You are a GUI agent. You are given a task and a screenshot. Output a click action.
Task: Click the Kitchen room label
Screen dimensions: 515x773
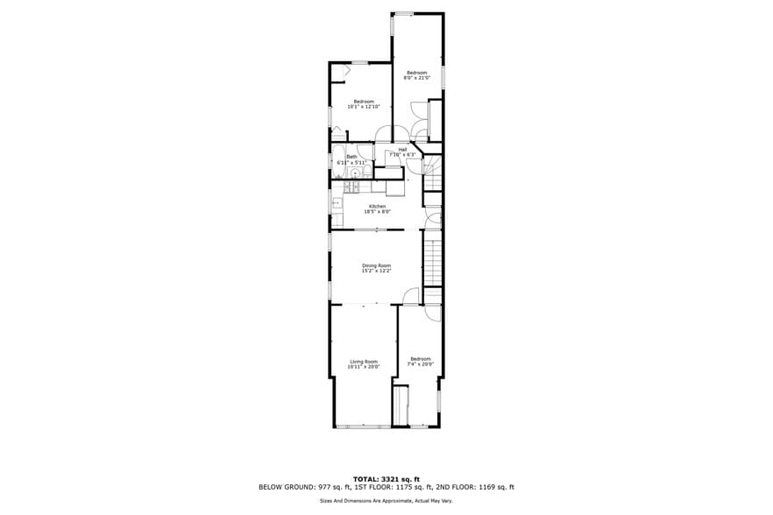[377, 207]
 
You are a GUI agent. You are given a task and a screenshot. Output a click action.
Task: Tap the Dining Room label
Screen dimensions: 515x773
[377, 265]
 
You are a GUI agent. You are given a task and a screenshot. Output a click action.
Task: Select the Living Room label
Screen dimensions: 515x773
[364, 362]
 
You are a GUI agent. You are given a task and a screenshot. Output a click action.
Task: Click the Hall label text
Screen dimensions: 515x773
[402, 150]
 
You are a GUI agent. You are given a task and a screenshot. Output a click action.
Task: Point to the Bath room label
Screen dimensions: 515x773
[351, 157]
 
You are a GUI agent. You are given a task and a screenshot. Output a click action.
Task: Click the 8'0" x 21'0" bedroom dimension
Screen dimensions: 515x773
[416, 78]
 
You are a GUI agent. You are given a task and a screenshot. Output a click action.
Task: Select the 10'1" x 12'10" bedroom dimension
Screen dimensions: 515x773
[364, 107]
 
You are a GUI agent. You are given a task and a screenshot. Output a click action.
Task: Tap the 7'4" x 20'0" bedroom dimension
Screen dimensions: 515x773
[421, 364]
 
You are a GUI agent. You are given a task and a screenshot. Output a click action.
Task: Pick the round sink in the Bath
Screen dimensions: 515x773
[356, 173]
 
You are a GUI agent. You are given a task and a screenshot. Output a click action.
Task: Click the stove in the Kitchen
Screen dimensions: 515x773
[355, 187]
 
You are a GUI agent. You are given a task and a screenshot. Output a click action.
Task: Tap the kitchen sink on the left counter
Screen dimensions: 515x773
[336, 202]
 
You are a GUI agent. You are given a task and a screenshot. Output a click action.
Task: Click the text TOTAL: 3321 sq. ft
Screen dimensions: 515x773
[386, 478]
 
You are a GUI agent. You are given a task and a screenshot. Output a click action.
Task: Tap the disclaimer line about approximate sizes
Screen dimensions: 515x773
[386, 501]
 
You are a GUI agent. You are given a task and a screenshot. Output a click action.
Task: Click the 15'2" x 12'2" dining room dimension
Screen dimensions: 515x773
[377, 271]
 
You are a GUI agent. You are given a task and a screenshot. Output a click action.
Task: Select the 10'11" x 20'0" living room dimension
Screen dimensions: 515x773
[364, 367]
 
